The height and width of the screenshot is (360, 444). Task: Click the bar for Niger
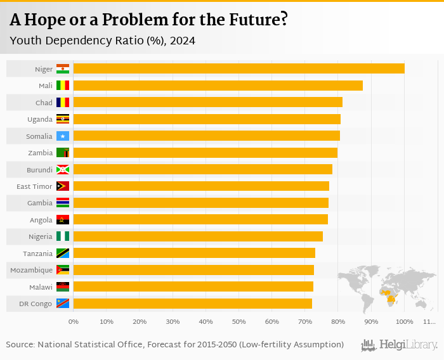click(x=238, y=68)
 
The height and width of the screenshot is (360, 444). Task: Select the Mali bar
click(x=218, y=86)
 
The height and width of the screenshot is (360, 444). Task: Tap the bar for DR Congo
click(x=192, y=304)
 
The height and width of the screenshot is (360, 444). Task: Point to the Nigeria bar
click(x=198, y=236)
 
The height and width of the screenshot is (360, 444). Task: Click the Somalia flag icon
click(x=63, y=136)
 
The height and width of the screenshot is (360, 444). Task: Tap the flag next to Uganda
click(x=63, y=119)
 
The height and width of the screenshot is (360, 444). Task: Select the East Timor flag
click(x=63, y=186)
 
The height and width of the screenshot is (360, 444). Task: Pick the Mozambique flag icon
click(x=63, y=270)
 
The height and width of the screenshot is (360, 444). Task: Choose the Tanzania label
click(x=37, y=254)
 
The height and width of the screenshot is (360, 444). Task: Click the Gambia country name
click(x=40, y=203)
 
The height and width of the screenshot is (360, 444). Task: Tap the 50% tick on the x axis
click(x=238, y=322)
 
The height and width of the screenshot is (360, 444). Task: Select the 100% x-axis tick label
click(x=404, y=322)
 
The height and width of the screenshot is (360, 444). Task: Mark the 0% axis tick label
click(x=74, y=322)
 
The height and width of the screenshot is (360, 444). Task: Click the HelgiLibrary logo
click(x=400, y=345)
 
